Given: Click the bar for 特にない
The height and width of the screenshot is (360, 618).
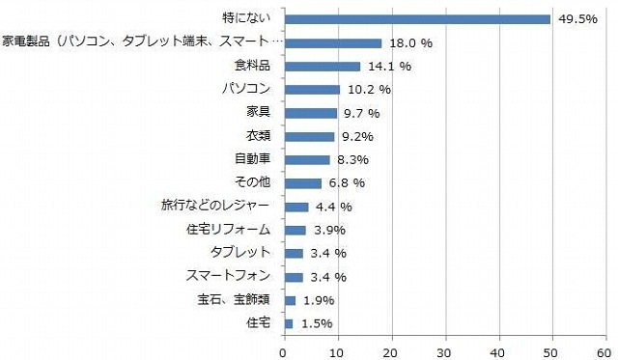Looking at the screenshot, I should point(417,19).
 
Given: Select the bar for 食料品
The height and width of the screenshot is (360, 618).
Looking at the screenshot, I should point(322,67).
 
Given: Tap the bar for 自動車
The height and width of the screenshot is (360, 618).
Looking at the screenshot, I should point(306,159).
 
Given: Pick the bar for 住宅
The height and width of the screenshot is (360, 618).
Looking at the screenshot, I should point(288,323).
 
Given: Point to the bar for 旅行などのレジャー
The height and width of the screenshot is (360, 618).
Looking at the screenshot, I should point(295,207).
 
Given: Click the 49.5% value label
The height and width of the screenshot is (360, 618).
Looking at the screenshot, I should point(576,19).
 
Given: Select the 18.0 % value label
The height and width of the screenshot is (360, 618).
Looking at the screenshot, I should point(409,43).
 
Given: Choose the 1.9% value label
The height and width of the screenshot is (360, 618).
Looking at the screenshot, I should point(320,300).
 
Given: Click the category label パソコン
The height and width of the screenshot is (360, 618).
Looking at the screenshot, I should point(247,90).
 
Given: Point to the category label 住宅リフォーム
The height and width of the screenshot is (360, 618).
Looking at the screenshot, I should point(228,230).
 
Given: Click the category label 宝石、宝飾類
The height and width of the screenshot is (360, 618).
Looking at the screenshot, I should point(234,300).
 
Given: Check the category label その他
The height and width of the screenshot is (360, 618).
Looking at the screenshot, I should point(253,183).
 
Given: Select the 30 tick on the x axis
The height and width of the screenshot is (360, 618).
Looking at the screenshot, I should point(445,350).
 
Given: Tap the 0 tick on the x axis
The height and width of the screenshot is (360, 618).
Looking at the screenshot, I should point(284,350).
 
